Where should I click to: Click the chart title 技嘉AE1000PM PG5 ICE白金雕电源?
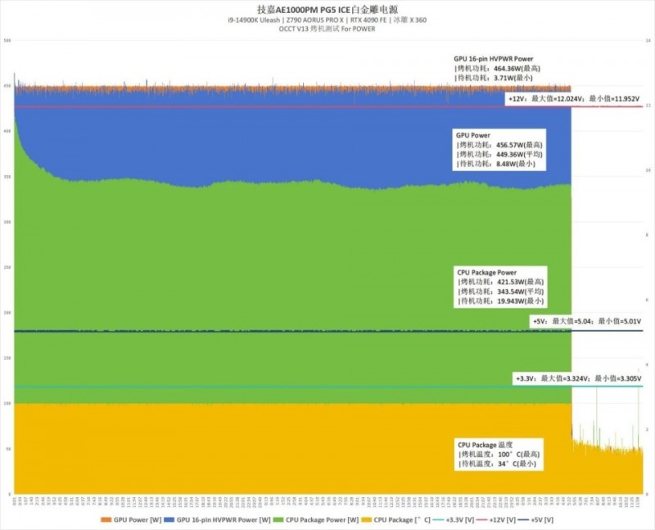pos(327,8)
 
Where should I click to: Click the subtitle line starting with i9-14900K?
pos(327,20)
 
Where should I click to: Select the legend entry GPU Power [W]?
pos(127,519)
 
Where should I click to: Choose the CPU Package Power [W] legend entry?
pos(310,519)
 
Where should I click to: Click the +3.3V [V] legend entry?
pos(459,519)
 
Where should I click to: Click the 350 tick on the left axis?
pos(7,176)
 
